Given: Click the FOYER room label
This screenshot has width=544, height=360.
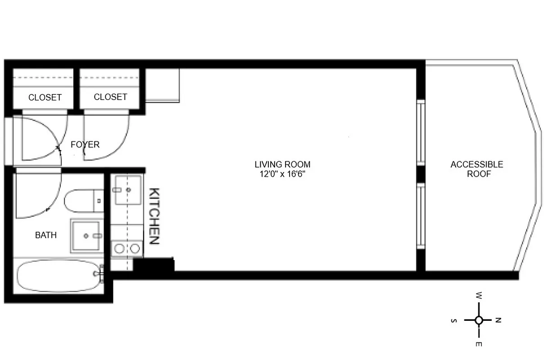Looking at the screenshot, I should (85, 144).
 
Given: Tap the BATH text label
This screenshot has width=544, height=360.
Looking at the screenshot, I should (46, 234).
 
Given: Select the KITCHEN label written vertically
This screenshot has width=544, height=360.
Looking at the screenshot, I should (154, 216).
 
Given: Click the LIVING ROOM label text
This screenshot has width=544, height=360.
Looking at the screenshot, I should (282, 164).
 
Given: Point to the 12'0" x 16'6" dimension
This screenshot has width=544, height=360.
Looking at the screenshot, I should (282, 174).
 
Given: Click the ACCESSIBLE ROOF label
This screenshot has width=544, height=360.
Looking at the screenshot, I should (477, 169).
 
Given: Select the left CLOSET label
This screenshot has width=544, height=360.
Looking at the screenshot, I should (45, 97).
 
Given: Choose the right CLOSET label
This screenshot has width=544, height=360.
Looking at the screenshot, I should (110, 97).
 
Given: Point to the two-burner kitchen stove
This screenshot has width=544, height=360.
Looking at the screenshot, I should (127, 248).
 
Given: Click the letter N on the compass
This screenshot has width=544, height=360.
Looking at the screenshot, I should (498, 320).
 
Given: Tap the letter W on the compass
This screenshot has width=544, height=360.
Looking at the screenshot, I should (479, 296).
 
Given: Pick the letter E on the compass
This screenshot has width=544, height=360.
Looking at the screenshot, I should (479, 344).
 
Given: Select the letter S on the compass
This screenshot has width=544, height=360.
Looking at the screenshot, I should (454, 320).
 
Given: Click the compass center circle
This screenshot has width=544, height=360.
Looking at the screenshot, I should (479, 320).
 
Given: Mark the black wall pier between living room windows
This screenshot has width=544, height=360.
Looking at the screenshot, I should (421, 173).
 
